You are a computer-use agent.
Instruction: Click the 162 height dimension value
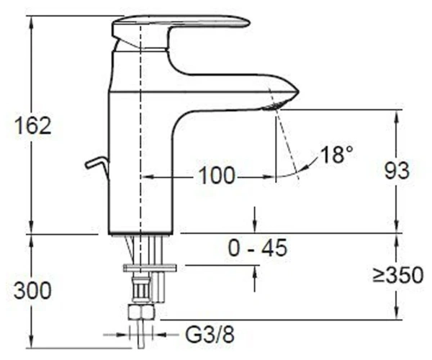click(x=33, y=125)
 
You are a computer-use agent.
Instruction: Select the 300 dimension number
click(x=32, y=290)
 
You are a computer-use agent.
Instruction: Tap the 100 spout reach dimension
click(x=217, y=176)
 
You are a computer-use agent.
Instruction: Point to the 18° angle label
click(x=336, y=154)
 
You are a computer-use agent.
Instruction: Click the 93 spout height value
click(x=397, y=171)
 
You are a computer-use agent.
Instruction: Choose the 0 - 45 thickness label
click(x=258, y=248)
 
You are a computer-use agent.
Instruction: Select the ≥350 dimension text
click(x=398, y=274)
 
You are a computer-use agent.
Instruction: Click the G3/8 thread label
click(x=210, y=335)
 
